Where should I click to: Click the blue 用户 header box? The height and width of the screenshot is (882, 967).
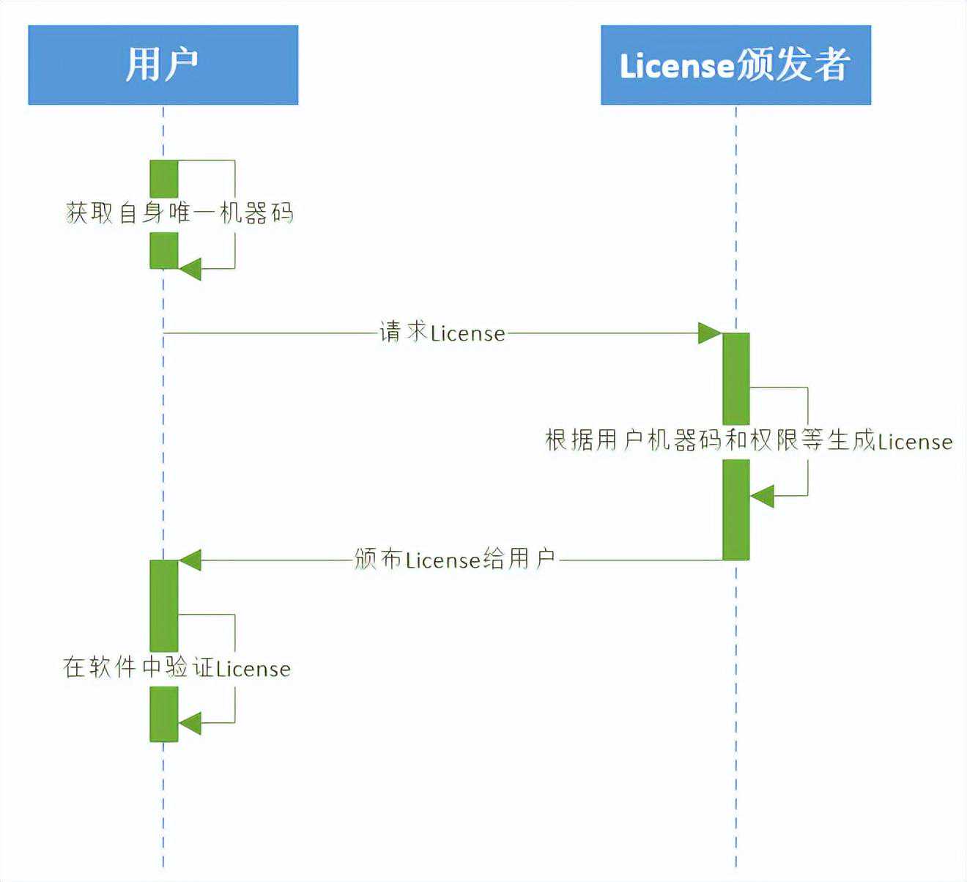(x=163, y=64)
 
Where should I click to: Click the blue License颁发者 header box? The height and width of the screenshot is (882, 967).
(x=736, y=64)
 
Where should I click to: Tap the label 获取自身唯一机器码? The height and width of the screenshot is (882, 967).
(x=180, y=213)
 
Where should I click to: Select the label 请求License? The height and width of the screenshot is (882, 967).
(x=442, y=333)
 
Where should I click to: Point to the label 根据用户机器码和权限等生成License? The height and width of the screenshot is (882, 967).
(x=749, y=441)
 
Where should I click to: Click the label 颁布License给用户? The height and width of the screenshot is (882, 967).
(x=454, y=560)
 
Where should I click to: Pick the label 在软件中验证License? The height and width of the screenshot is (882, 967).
(x=177, y=667)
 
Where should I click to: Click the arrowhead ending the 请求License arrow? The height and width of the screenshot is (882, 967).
(x=709, y=333)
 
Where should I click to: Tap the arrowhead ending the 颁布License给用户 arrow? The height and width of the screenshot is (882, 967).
(x=190, y=560)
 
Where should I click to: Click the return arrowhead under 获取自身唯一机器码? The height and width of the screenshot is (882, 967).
(x=190, y=269)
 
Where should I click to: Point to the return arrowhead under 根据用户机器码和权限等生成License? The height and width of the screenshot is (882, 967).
(x=762, y=496)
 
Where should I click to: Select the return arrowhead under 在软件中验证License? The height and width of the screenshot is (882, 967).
(x=190, y=724)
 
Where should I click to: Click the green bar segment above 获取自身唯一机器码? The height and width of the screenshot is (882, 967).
(x=164, y=178)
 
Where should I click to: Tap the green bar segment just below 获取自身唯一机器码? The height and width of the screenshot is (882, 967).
(x=164, y=251)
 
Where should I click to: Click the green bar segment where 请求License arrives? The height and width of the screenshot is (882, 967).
(x=736, y=377)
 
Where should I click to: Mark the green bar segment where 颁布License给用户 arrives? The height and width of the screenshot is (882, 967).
(x=164, y=604)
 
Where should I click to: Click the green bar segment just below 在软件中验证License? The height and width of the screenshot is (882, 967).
(x=164, y=714)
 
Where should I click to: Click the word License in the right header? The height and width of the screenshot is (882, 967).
(x=676, y=66)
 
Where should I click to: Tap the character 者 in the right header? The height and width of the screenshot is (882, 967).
(x=829, y=64)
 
